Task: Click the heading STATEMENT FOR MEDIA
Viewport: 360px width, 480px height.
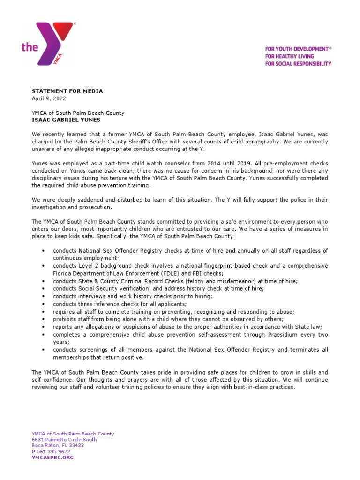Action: pos(67,91)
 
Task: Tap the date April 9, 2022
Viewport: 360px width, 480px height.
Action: pos(49,98)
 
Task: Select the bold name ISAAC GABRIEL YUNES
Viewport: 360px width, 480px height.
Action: pos(66,120)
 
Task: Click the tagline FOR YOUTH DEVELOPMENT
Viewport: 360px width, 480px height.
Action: pos(298,49)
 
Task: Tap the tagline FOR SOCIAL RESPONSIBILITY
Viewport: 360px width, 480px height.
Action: pos(298,64)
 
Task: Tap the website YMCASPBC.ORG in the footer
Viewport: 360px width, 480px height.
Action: pos(52,457)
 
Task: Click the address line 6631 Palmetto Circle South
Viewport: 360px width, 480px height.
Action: pos(64,440)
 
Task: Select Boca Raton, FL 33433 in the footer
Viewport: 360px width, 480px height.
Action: pos(58,445)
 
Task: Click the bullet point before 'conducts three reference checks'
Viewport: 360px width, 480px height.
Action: pos(44,304)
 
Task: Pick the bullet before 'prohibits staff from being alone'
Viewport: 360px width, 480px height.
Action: pos(44,319)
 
